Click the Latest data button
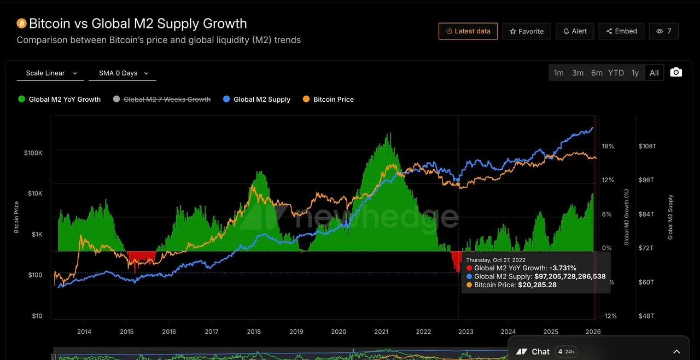(x=468, y=31)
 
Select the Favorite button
(x=527, y=31)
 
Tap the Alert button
(x=575, y=31)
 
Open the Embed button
(x=621, y=31)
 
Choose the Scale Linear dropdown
(x=51, y=73)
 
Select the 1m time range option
(x=558, y=73)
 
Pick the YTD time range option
(x=616, y=73)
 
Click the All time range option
(x=654, y=73)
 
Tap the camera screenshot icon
(x=676, y=72)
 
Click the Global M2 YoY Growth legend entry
(x=60, y=99)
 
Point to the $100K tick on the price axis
(x=33, y=153)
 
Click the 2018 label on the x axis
(x=254, y=332)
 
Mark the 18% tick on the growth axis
(x=608, y=146)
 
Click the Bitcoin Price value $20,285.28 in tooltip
(x=537, y=285)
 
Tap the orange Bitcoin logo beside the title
(x=21, y=24)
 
